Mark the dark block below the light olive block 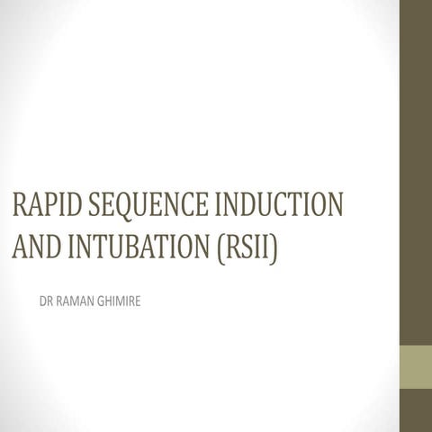tap(416, 410)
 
